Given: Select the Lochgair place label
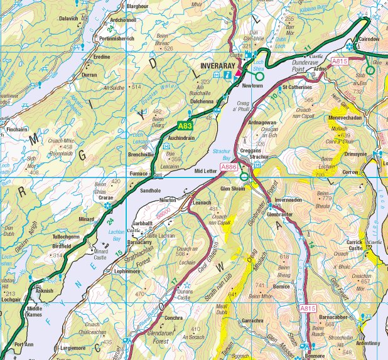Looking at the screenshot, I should [12, 300].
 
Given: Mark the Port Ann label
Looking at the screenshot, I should [23, 344].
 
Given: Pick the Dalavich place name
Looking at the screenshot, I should [68, 19].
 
